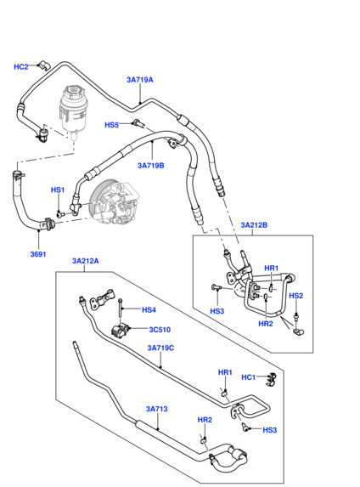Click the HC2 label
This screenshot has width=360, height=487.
point(21,66)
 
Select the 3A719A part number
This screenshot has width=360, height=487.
point(140,80)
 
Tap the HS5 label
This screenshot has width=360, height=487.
point(111,125)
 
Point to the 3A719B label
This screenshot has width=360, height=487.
point(151,166)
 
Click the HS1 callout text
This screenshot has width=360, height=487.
point(58,190)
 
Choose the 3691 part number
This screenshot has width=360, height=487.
point(39,252)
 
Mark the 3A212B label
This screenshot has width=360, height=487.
point(253,225)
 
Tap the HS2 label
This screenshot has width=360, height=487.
point(295,296)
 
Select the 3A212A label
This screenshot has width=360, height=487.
point(86,262)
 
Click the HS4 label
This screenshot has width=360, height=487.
point(149,310)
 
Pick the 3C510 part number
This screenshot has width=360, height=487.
point(160,330)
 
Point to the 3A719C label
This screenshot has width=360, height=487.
point(160,348)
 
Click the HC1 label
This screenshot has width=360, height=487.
point(248,377)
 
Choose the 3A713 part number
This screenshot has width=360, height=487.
point(155,409)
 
